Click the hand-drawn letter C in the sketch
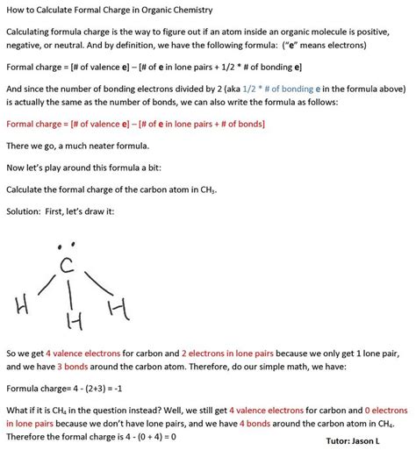click(64, 265)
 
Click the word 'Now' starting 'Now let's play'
click(15, 167)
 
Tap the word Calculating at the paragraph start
click(31, 32)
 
